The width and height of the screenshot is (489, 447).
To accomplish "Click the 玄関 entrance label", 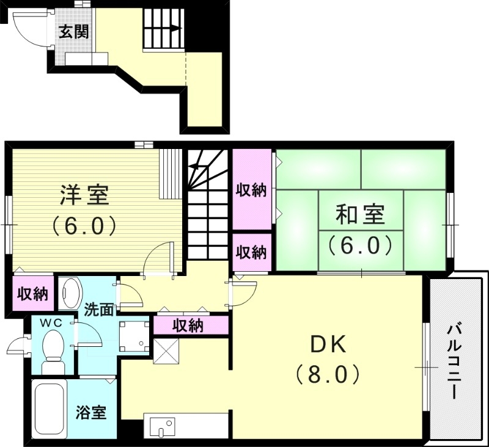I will pyautogui.click(x=74, y=31).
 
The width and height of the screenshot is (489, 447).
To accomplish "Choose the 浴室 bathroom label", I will pyautogui.click(x=91, y=413).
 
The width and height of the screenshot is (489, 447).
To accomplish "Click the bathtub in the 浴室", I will pyautogui.click(x=49, y=407).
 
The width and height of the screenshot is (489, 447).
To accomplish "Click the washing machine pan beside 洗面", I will pyautogui.click(x=134, y=336).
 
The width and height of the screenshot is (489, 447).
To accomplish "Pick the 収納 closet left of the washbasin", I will pyautogui.click(x=32, y=294).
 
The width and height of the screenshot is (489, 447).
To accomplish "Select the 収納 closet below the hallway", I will pyautogui.click(x=188, y=325).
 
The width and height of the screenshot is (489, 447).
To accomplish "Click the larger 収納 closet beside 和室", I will pyautogui.click(x=251, y=190).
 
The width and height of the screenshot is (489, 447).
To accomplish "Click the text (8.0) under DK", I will pyautogui.click(x=327, y=373).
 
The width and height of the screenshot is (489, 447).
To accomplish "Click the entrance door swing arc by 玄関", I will pyautogui.click(x=28, y=31).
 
